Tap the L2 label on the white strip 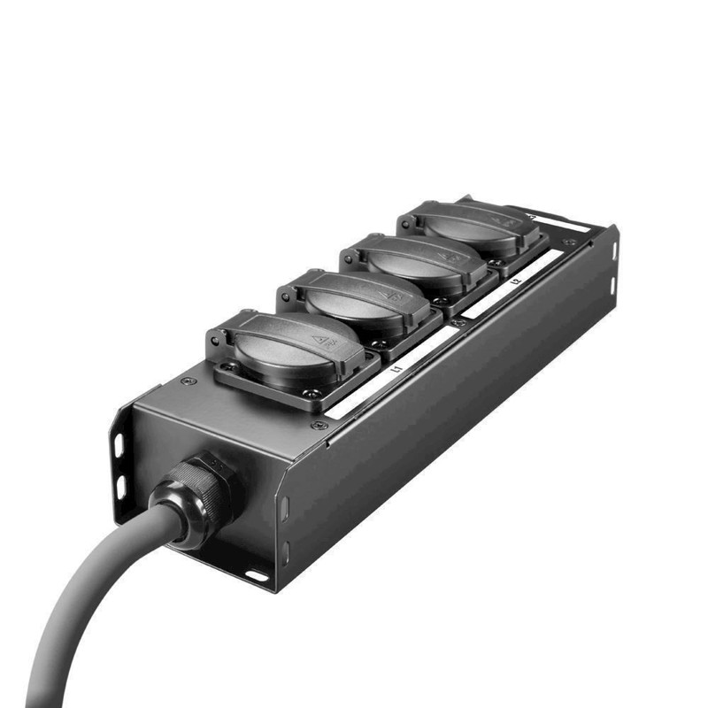click(x=515, y=282)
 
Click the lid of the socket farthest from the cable click(x=478, y=225)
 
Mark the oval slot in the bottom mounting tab click(x=257, y=576)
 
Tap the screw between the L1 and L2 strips click(x=457, y=324)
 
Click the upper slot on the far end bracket click(x=612, y=250)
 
